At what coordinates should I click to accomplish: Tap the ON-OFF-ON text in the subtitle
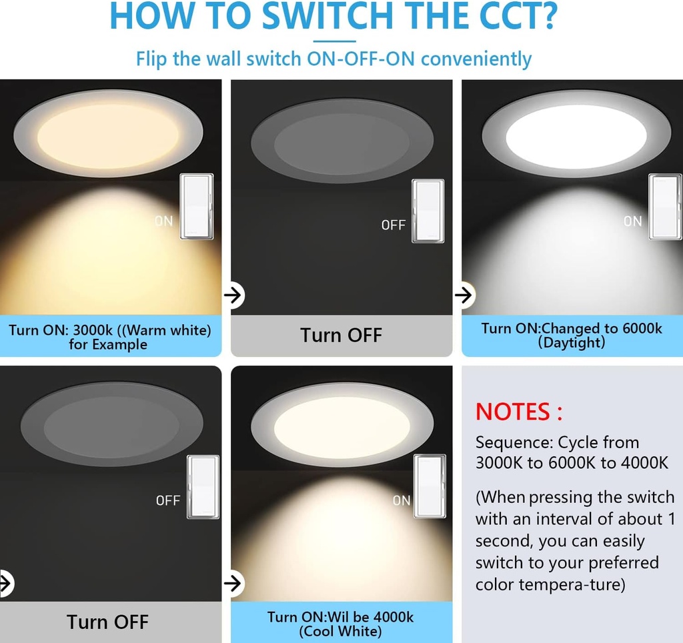(x=361, y=59)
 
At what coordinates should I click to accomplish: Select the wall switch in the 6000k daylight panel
(x=665, y=207)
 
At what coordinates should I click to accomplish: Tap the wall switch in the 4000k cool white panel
(x=430, y=486)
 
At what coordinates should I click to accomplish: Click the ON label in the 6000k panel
(x=632, y=221)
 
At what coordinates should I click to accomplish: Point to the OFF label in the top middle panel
(x=393, y=225)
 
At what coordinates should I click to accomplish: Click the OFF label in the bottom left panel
(x=168, y=500)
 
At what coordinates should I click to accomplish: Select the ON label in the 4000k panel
(x=402, y=500)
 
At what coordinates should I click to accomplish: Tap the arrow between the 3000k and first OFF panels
(x=233, y=295)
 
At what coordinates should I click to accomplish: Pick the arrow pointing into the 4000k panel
(x=233, y=582)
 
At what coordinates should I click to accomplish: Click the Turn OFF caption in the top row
(x=341, y=335)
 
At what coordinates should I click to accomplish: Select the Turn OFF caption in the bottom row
(x=107, y=622)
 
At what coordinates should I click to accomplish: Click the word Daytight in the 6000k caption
(x=572, y=342)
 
